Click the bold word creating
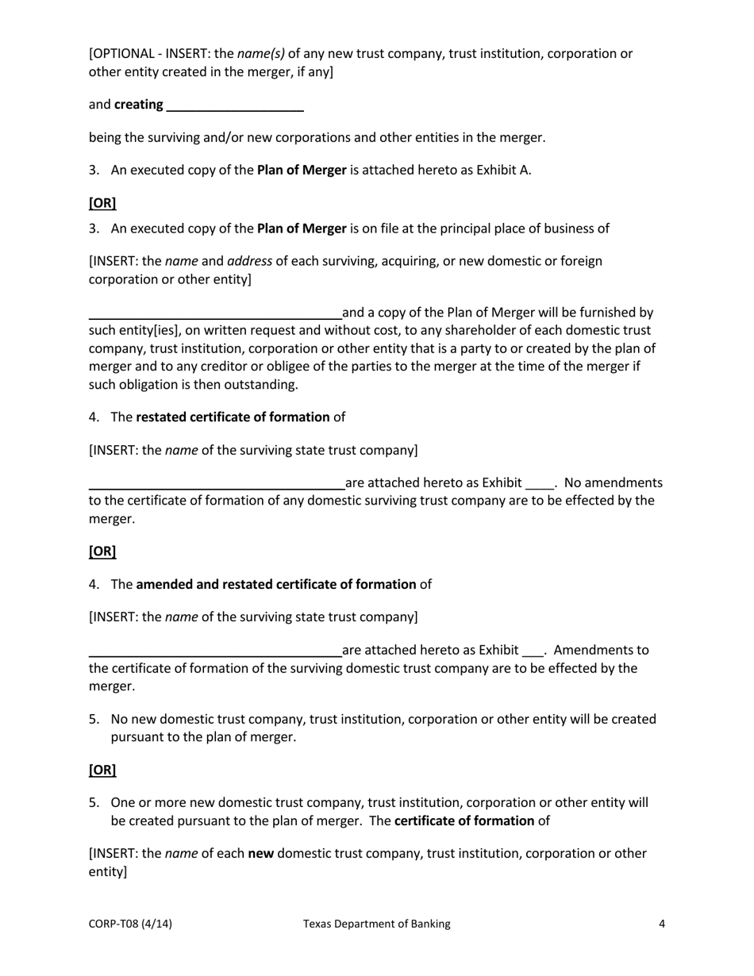click(139, 105)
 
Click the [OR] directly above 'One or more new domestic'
click(102, 770)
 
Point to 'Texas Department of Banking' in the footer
click(376, 924)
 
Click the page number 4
click(661, 924)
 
